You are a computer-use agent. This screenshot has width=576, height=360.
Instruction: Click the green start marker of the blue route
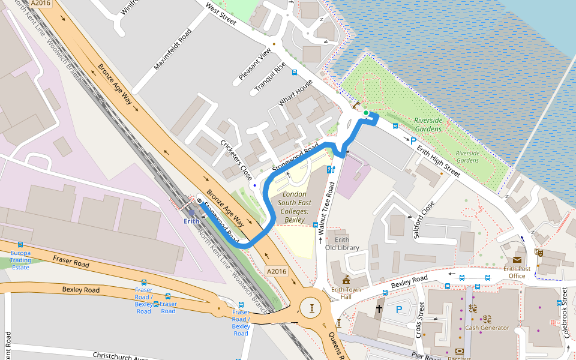pyautogui.click(x=366, y=113)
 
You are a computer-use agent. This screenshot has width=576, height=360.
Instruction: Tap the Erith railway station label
pyautogui.click(x=191, y=221)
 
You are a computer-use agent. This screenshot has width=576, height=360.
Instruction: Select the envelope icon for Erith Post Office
pyautogui.click(x=517, y=259)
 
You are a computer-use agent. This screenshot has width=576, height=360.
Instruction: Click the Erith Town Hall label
pyautogui.click(x=346, y=293)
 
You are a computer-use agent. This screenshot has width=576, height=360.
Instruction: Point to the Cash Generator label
pyautogui.click(x=487, y=328)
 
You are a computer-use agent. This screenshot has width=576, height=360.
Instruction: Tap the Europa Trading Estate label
pyautogui.click(x=20, y=260)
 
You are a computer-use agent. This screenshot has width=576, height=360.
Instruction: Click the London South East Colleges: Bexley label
pyautogui.click(x=294, y=207)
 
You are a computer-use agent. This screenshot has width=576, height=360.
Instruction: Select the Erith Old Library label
pyautogui.click(x=342, y=244)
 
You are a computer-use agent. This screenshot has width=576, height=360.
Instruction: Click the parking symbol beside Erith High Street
pyautogui.click(x=413, y=141)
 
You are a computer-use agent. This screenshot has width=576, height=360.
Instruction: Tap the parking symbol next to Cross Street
pyautogui.click(x=399, y=310)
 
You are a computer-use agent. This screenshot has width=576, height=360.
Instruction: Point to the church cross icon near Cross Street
pyautogui.click(x=379, y=309)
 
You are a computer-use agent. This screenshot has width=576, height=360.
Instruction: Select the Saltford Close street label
pyautogui.click(x=424, y=220)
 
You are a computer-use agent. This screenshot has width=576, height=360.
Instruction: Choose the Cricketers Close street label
pyautogui.click(x=236, y=160)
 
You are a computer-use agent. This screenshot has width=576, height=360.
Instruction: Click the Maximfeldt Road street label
pyautogui.click(x=172, y=49)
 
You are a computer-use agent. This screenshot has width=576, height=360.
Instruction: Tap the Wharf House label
pyautogui.click(x=295, y=93)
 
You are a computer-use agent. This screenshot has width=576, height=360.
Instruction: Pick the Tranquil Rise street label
pyautogui.click(x=269, y=77)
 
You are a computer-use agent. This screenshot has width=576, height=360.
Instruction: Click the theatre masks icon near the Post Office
pyautogui.click(x=539, y=253)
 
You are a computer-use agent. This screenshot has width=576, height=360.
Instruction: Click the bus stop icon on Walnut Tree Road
pyautogui.click(x=316, y=224)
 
